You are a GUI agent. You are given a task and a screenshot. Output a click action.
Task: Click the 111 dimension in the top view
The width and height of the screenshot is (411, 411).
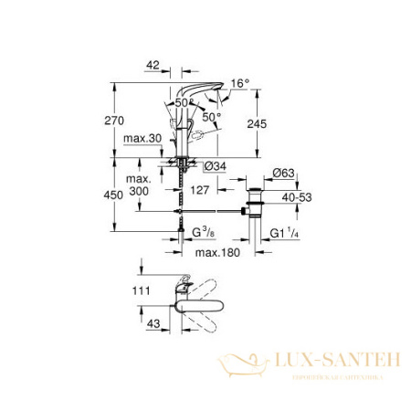coord(138,290)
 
